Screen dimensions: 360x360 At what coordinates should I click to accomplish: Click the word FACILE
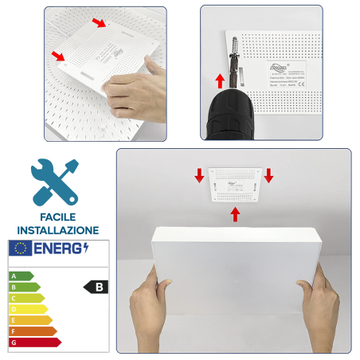coord(57,216)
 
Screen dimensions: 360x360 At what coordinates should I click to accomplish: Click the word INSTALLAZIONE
coord(57,229)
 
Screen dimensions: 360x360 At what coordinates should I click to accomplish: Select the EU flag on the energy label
coord(20,248)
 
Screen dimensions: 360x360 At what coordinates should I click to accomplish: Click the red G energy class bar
coord(33,342)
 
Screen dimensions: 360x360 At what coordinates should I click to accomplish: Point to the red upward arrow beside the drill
coord(221,80)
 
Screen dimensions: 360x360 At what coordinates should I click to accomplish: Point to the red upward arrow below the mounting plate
coord(235,213)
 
